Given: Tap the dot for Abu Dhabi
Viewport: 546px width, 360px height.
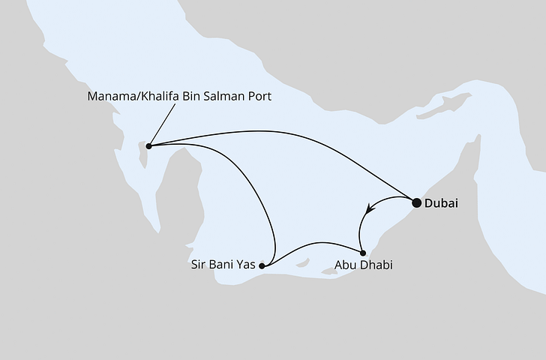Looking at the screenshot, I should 362,252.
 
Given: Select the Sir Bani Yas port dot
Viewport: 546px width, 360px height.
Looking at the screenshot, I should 261,265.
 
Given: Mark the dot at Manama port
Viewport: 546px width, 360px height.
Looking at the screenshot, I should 148,145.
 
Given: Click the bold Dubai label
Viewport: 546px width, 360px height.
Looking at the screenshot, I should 441,202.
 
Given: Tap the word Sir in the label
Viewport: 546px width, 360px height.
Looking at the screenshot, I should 200,265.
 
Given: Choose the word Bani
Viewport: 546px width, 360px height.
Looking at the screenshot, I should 222,265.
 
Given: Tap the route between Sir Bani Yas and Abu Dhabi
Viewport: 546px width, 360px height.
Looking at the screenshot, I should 315,244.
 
